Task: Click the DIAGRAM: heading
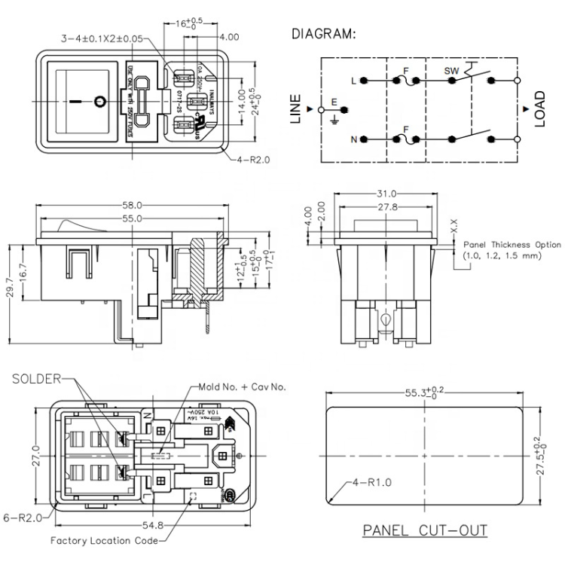tap(324, 35)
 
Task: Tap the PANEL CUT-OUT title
tap(425, 530)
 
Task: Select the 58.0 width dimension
tap(133, 205)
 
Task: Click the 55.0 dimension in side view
tap(132, 218)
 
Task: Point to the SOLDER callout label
tap(33, 379)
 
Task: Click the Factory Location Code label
tap(105, 541)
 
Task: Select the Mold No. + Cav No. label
tap(242, 386)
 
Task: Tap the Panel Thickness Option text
tap(512, 245)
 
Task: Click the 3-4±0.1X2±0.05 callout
tap(102, 37)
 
